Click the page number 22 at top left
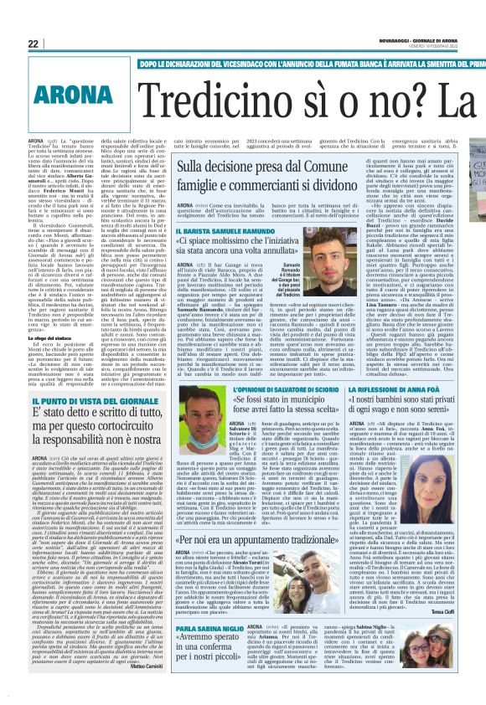(x=10, y=43)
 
